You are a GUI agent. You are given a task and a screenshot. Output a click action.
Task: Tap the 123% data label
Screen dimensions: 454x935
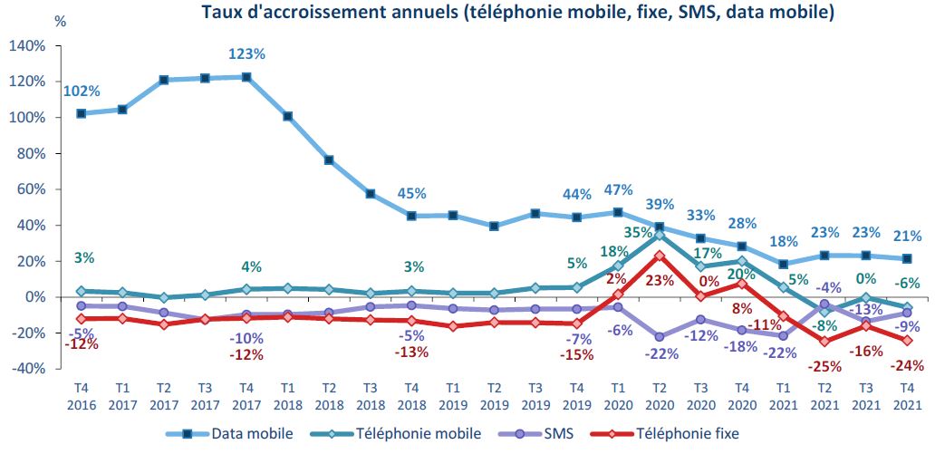coord(246,54)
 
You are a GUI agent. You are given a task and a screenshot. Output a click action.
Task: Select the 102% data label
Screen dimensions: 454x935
coord(82,91)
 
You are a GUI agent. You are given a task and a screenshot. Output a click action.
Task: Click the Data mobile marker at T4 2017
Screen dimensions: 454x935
coord(246,77)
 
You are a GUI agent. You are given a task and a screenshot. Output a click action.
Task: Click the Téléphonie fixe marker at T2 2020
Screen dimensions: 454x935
coord(659,256)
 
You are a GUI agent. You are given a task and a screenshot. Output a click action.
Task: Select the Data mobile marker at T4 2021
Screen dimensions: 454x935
coord(906,259)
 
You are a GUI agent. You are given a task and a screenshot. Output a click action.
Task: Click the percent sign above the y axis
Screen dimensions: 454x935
coord(61,20)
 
